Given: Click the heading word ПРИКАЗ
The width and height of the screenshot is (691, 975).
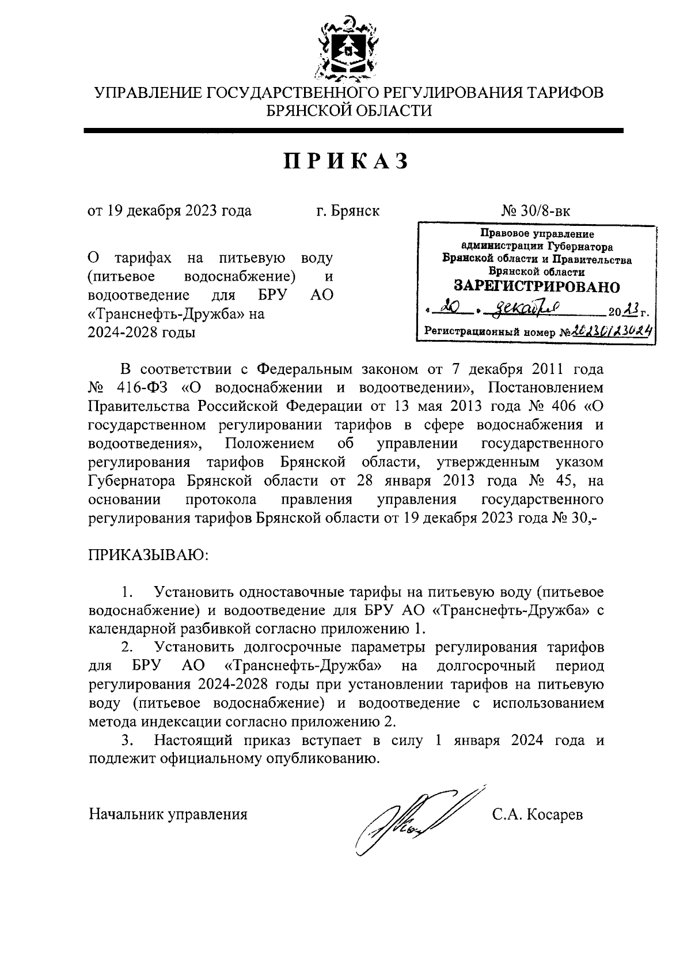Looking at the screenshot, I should pos(346,161).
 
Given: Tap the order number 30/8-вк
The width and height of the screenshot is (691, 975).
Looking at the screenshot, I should pos(545,211).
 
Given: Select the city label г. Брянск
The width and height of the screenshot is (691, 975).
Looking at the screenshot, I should pos(348,211).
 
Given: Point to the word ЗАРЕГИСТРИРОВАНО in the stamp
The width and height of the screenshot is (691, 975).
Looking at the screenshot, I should pos(537,286).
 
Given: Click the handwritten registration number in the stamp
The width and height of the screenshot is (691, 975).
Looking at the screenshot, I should pos(612,331).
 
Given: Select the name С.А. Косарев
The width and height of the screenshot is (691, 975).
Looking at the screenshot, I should pos(537,814).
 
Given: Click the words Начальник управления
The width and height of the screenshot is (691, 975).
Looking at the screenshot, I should pos(168,814).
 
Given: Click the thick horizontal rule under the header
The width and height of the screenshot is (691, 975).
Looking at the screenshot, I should pos(353,131).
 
